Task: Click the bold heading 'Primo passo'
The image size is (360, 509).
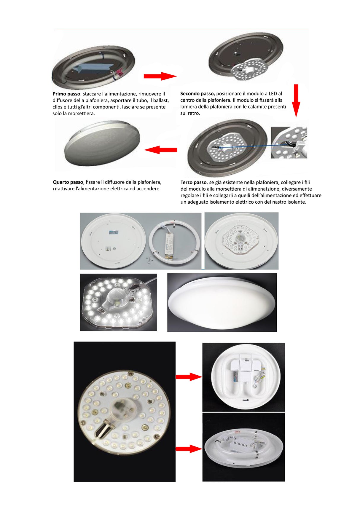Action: [x=66, y=94]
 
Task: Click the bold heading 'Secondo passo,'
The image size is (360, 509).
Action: [x=197, y=94]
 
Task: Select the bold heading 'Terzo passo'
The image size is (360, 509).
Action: [x=193, y=183]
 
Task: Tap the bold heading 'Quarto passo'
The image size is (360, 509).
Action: [x=68, y=182]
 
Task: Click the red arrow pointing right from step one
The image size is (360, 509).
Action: [x=160, y=76]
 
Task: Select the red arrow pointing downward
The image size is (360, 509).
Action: [x=296, y=101]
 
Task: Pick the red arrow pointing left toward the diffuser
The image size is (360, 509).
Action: [x=160, y=150]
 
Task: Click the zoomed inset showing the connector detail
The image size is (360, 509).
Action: [x=289, y=143]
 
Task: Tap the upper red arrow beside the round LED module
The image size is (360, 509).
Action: [x=188, y=377]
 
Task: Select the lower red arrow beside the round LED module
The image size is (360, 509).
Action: [x=188, y=449]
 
